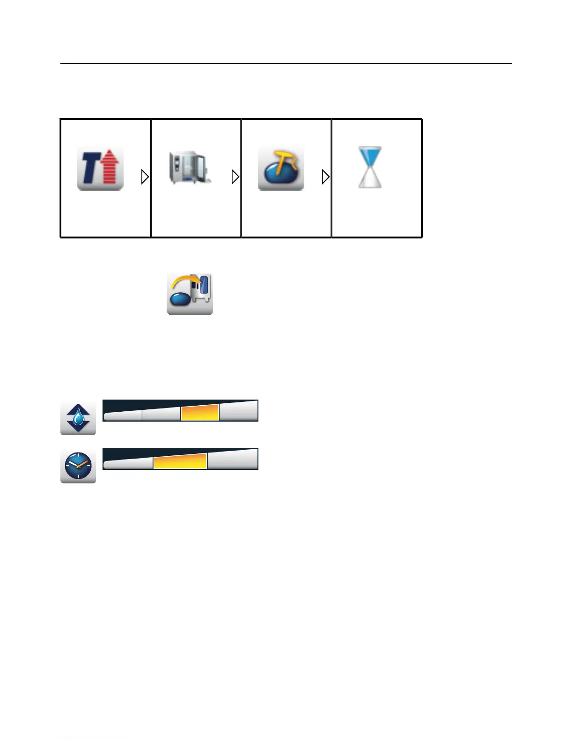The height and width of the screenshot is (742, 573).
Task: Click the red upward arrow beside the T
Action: point(111,168)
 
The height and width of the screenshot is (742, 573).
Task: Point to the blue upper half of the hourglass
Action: point(370,156)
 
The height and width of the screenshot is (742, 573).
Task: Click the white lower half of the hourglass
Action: point(370,179)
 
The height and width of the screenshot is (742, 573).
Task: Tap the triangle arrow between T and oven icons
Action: point(145,177)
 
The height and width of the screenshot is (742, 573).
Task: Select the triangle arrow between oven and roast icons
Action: point(235,177)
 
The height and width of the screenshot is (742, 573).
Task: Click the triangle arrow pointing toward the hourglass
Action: point(325,177)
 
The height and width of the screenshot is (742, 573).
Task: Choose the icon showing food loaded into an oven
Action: point(190,294)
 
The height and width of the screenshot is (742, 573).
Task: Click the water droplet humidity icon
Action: point(78,418)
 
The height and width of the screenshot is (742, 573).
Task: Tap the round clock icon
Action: point(78,466)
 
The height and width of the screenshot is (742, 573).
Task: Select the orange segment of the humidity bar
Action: point(200,413)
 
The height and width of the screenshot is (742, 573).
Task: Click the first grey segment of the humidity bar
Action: point(123,415)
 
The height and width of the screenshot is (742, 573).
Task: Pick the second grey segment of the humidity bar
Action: point(161,414)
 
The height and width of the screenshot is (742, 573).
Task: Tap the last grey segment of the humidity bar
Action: point(238,411)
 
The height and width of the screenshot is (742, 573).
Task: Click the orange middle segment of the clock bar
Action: point(180,461)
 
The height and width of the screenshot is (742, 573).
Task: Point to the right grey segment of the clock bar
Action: point(232,460)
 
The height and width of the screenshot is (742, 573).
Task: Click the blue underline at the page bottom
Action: point(93,738)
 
